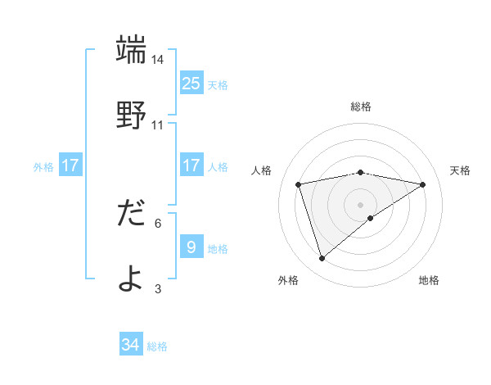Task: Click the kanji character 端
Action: pyautogui.click(x=132, y=50)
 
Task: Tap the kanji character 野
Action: pyautogui.click(x=132, y=115)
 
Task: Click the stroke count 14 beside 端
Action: pyautogui.click(x=158, y=60)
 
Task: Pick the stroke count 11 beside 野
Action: pyautogui.click(x=158, y=125)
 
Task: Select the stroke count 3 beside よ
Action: pyautogui.click(x=158, y=288)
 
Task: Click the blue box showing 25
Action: pyautogui.click(x=191, y=83)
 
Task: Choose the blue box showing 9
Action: pyautogui.click(x=191, y=247)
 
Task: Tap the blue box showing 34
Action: pyautogui.click(x=131, y=345)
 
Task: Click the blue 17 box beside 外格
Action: pyautogui.click(x=70, y=165)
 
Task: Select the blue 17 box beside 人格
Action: pyautogui.click(x=191, y=165)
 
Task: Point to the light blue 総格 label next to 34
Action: pyautogui.click(x=157, y=346)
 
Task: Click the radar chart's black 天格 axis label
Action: pyautogui.click(x=460, y=170)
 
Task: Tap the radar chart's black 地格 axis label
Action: pyautogui.click(x=429, y=280)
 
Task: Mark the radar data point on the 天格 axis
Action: pyautogui.click(x=422, y=184)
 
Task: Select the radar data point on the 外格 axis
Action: pyautogui.click(x=322, y=258)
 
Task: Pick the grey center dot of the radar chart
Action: pyautogui.click(x=360, y=204)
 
